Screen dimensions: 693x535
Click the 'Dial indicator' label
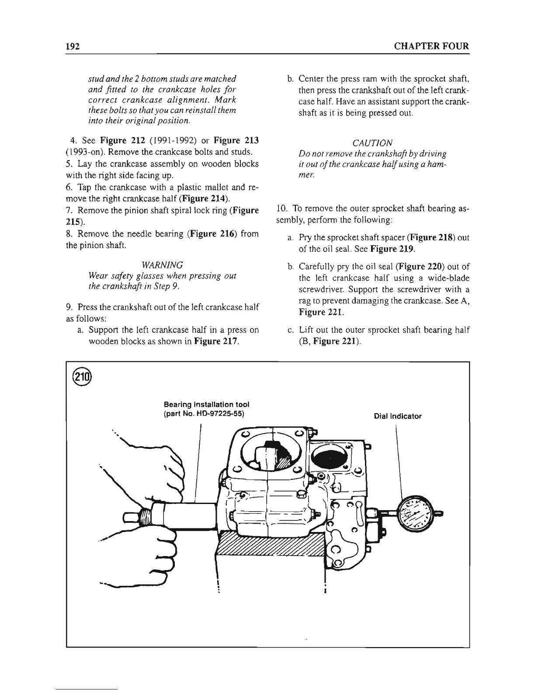coord(398,416)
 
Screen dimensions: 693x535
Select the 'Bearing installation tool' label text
coord(206,405)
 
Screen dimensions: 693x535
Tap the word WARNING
coord(162,265)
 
